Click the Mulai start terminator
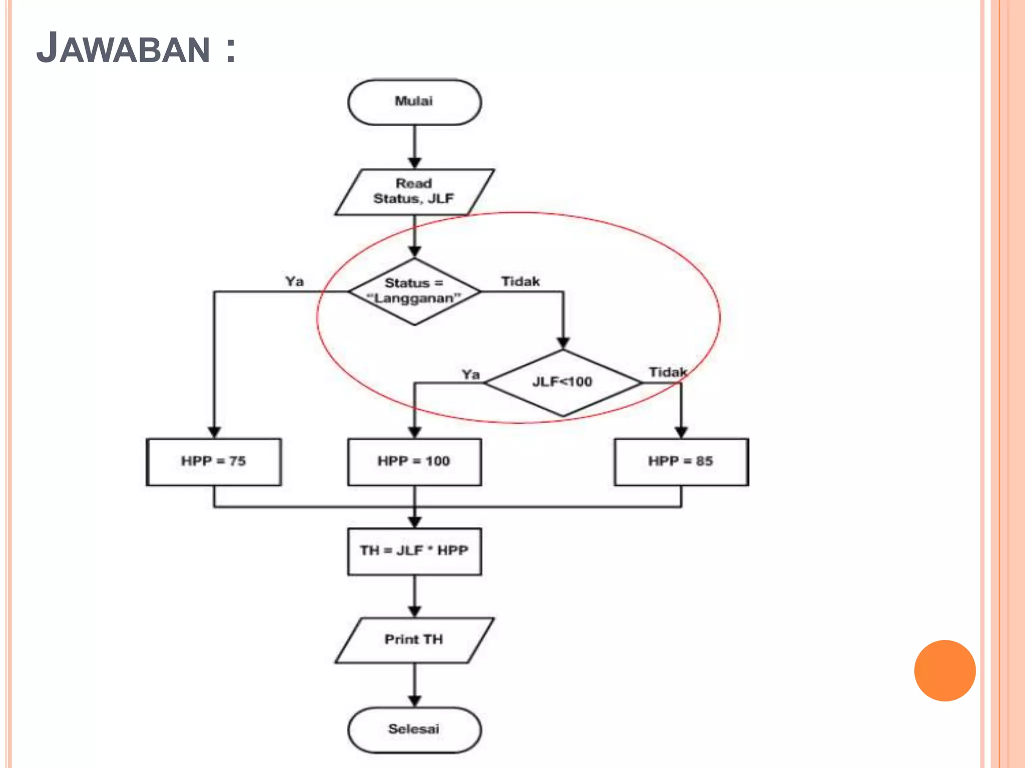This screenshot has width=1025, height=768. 414,102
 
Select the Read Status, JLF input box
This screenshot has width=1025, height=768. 414,192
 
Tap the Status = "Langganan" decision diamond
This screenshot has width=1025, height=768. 414,291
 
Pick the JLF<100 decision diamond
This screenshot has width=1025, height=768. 563,382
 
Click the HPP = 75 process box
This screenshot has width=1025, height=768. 214,461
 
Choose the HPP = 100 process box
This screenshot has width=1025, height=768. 414,461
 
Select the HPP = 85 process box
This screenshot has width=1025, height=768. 681,461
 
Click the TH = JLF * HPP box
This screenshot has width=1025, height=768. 414,551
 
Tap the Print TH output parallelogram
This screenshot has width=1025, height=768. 414,640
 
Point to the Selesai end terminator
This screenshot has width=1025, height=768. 414,729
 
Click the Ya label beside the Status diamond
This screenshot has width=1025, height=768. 295,281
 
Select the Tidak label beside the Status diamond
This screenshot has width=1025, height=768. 521,281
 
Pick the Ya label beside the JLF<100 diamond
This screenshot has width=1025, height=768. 470,374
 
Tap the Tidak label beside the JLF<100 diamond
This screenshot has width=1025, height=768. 668,372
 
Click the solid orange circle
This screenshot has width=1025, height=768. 944,670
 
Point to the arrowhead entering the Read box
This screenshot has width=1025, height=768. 414,163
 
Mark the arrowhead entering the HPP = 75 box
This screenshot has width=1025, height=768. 214,432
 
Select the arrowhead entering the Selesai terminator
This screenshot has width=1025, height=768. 414,701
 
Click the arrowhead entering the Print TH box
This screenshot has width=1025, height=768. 414,611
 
